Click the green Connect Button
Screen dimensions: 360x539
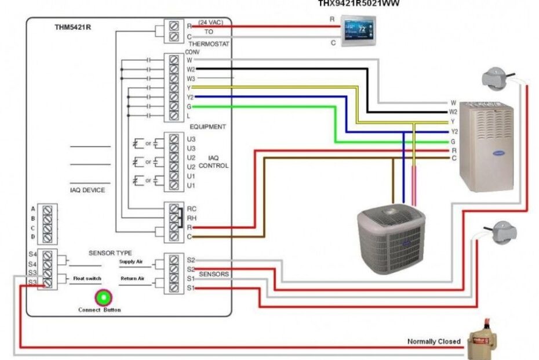[x=103, y=298]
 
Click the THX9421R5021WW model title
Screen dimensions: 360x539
[x=358, y=3]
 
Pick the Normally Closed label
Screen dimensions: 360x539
[x=434, y=341]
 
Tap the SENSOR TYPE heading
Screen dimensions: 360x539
[x=110, y=253]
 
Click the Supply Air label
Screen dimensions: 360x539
[x=131, y=262]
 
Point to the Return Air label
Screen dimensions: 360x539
[x=132, y=279]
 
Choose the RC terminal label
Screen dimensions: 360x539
[x=191, y=207]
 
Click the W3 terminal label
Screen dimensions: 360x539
[x=191, y=78]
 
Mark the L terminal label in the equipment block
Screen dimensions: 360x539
[x=189, y=116]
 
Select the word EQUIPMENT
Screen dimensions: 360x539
[x=207, y=127]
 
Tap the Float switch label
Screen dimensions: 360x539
[x=87, y=279]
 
